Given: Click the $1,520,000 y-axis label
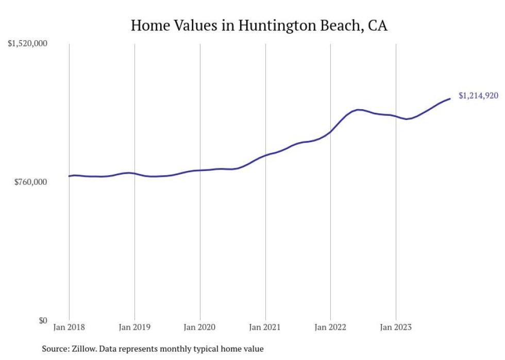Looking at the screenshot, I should point(27,43).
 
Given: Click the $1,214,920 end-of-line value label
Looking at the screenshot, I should point(478,95).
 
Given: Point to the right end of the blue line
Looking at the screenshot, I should point(450,98).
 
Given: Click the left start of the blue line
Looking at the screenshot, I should point(70,176).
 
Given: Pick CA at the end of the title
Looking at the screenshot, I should point(377,25).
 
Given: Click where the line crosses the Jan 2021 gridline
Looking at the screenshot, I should point(265,155).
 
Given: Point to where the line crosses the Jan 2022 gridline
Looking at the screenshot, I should point(330,132).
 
